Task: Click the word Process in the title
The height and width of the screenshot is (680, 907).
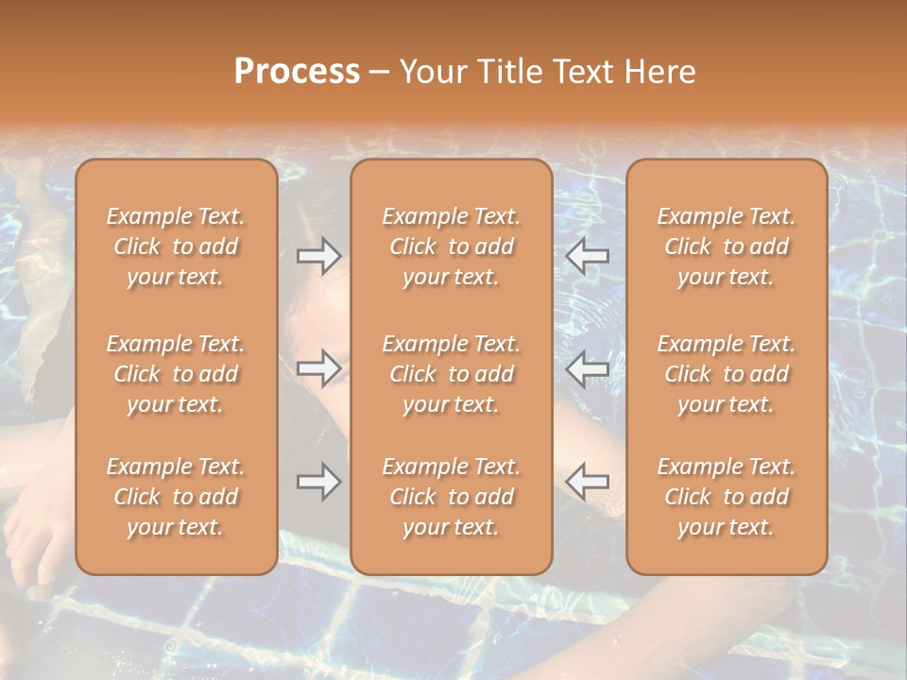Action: click(x=297, y=72)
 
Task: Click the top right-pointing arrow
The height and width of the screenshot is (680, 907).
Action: click(x=318, y=256)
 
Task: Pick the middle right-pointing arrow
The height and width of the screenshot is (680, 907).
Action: click(x=318, y=368)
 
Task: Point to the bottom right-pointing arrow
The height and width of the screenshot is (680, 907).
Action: click(x=318, y=482)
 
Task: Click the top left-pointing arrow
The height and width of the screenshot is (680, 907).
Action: click(x=588, y=256)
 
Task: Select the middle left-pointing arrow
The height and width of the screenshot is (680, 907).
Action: click(x=588, y=368)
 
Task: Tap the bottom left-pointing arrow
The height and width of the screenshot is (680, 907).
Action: click(x=588, y=482)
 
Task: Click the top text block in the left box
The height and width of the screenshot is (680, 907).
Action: click(x=176, y=246)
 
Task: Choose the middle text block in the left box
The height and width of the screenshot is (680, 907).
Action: click(x=176, y=374)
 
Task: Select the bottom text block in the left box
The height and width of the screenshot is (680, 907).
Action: click(x=176, y=497)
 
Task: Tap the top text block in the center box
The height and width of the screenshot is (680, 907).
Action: click(x=451, y=246)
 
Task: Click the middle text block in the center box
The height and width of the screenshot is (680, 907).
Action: click(x=451, y=374)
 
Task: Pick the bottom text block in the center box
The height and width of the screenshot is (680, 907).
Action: click(x=451, y=497)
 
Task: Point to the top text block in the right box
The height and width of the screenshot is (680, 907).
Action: click(x=726, y=246)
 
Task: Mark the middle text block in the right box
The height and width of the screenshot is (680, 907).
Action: click(x=726, y=374)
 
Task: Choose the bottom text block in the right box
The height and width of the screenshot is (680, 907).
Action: click(x=726, y=497)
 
